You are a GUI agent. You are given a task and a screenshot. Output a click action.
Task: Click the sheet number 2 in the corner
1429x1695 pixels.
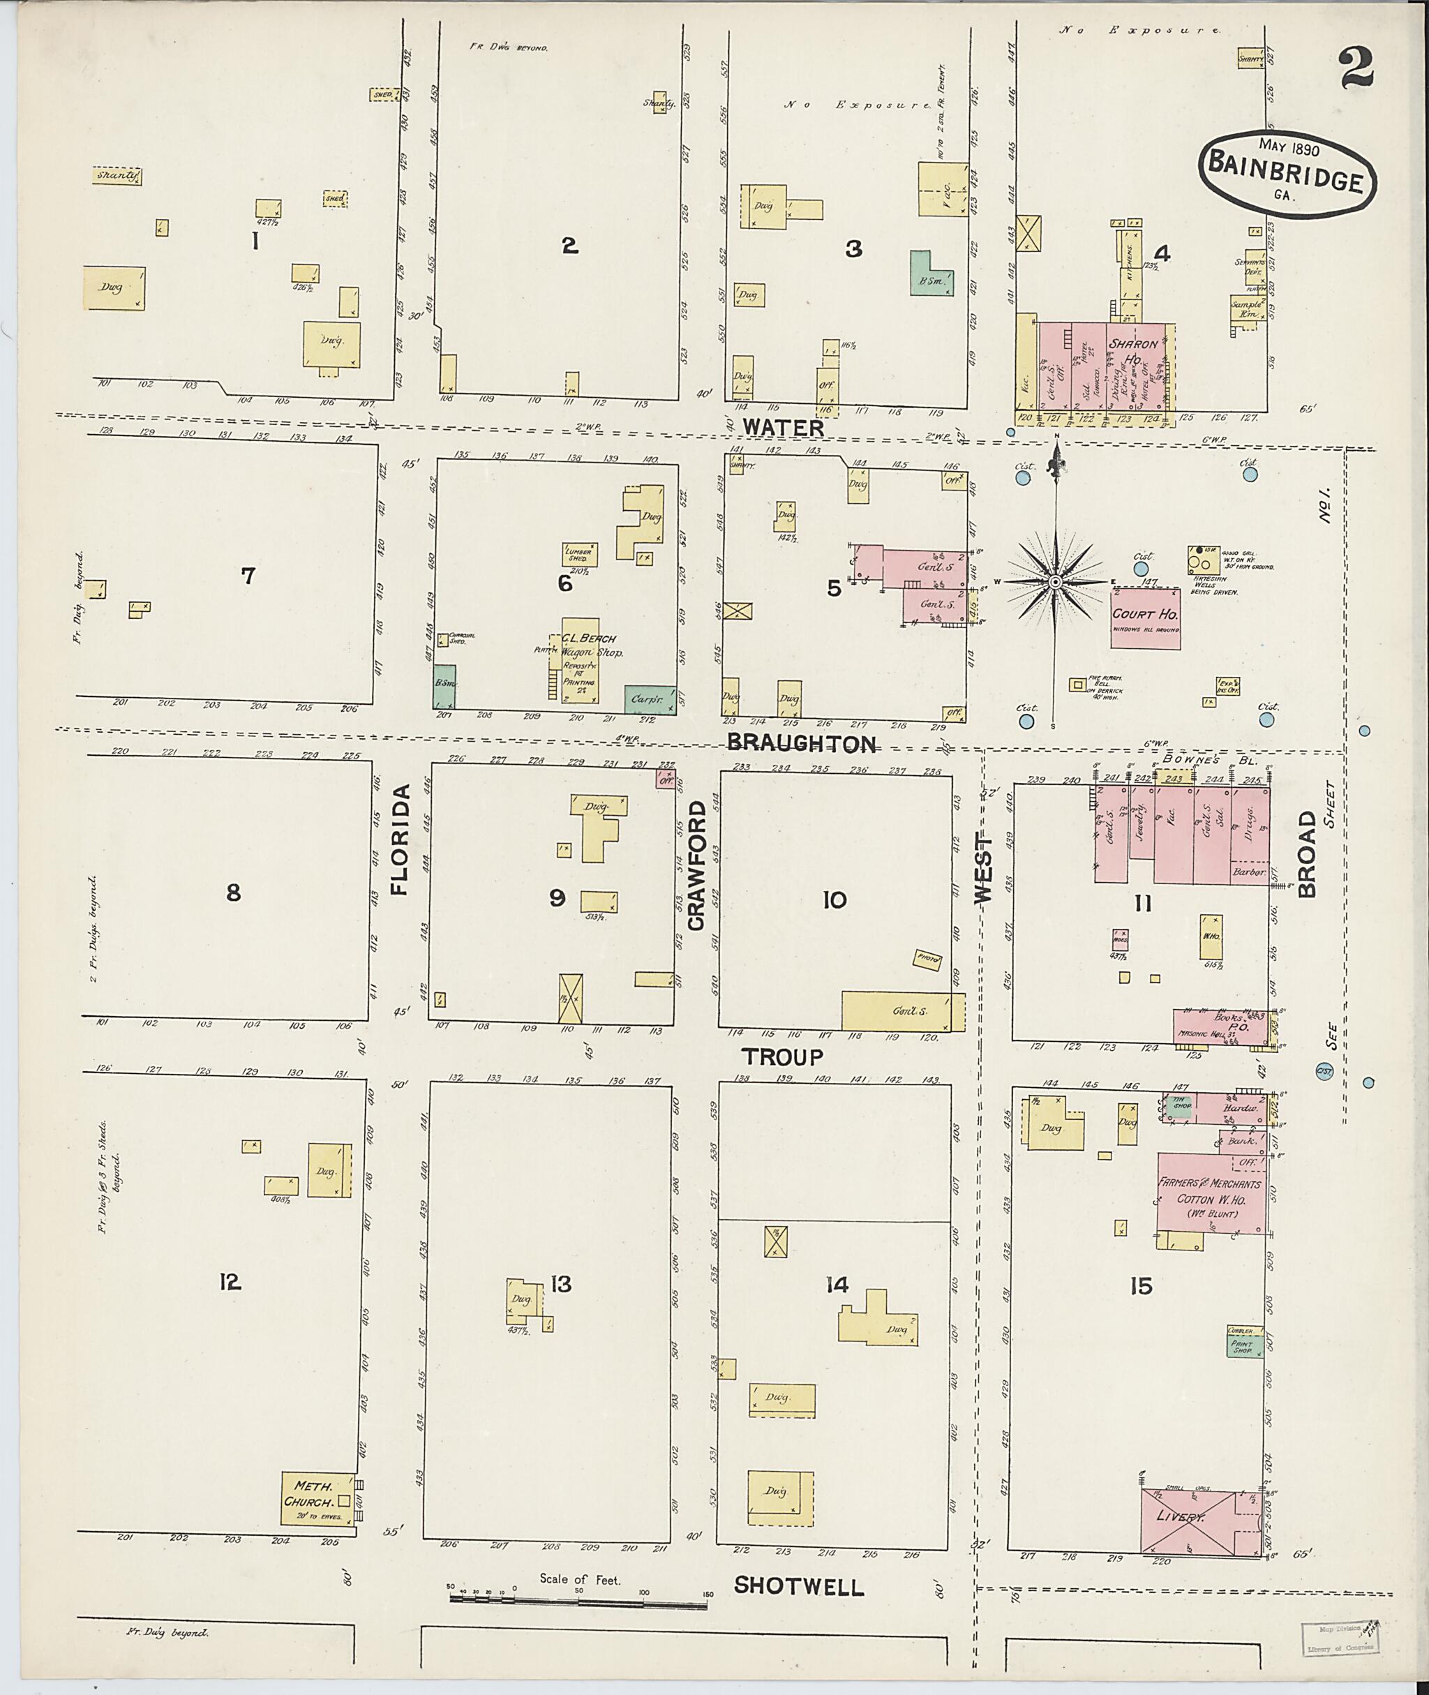point(1356,68)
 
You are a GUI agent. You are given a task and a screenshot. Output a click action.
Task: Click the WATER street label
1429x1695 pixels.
point(784,427)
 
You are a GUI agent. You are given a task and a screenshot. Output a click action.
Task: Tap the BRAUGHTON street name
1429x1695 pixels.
point(801,743)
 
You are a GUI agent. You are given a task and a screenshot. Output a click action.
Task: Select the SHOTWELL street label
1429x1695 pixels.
point(799,1585)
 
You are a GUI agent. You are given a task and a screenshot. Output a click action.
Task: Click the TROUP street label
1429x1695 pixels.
point(784,1056)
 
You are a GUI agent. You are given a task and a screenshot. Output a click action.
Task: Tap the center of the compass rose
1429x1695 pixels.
point(1056,583)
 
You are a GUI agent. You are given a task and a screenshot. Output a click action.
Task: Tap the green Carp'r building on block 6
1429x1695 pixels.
point(650,699)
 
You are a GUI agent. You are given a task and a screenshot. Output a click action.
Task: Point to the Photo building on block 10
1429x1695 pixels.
point(927,959)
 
